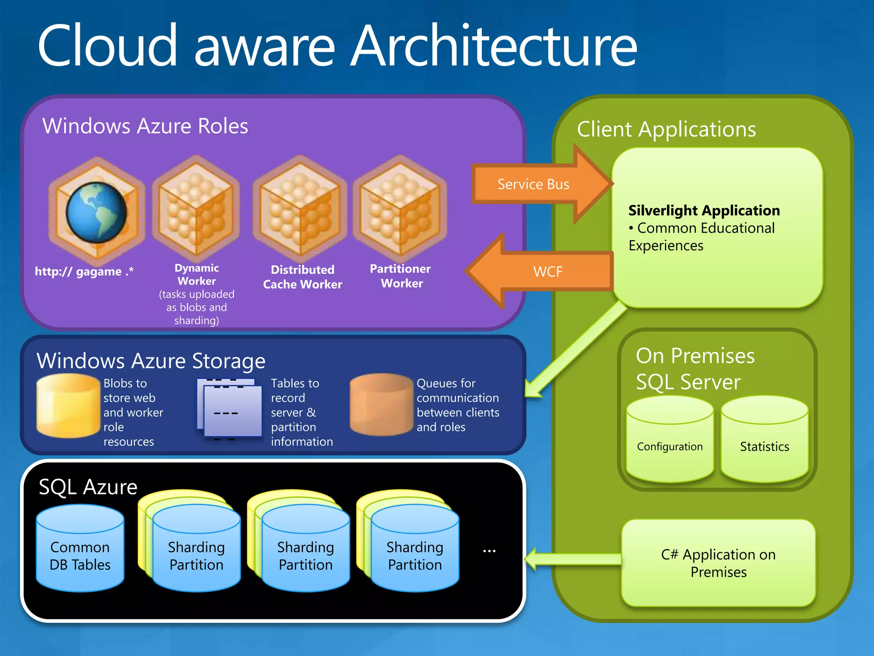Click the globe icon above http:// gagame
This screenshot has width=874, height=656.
pos(96,212)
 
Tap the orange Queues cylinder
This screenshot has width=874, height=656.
pos(381,405)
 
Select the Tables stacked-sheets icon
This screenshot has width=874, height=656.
pos(230,409)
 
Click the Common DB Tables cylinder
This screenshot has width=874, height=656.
pos(80,548)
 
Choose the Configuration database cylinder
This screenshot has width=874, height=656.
pos(670,440)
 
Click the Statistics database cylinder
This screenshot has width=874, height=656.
pos(764,440)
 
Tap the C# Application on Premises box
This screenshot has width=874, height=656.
pos(718,563)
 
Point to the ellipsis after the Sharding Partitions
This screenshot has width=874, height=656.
pos(489,551)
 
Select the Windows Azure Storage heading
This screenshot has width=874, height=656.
pos(151,360)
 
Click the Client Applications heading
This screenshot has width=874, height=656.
pos(666,129)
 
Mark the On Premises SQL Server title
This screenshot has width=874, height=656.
pos(695,369)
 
